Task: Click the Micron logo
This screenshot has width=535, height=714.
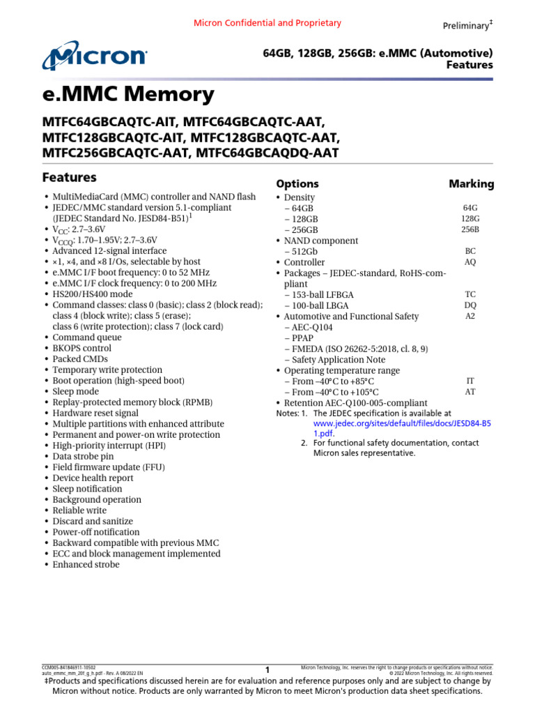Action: (x=95, y=57)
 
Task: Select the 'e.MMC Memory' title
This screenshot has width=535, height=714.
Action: (x=128, y=94)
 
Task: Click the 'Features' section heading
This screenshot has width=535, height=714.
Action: (x=69, y=177)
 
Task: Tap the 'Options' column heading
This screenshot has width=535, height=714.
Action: (x=297, y=184)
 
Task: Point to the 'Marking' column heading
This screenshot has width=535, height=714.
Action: (x=471, y=184)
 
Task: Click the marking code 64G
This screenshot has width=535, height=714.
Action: (x=470, y=208)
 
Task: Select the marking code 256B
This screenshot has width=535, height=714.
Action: (x=470, y=229)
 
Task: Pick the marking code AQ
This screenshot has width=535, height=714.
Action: (x=470, y=262)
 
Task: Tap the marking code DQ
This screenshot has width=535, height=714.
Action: (x=470, y=305)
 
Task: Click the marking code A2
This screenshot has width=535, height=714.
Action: (x=470, y=316)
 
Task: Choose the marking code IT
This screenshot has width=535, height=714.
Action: (x=470, y=381)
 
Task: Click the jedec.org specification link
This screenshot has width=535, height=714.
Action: (x=402, y=423)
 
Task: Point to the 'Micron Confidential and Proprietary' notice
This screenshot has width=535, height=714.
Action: (x=267, y=23)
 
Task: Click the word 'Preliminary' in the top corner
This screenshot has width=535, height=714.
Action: (x=465, y=26)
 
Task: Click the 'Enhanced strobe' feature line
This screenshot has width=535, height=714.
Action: (x=86, y=564)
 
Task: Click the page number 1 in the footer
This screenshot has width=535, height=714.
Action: (x=267, y=670)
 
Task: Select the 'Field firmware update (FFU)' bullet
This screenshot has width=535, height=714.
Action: (x=109, y=467)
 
